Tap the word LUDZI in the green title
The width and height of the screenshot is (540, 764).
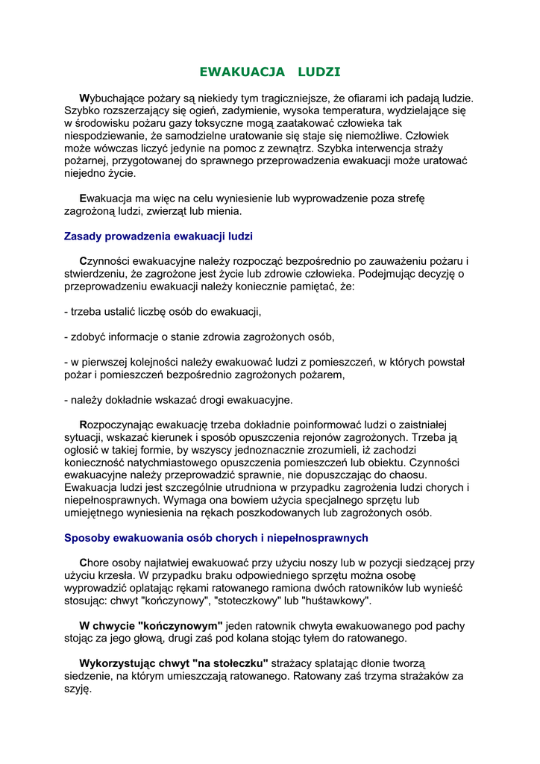coord(318,72)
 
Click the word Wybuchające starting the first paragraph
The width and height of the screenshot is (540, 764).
coord(115,98)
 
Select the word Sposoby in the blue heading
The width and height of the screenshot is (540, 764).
coord(87,538)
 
